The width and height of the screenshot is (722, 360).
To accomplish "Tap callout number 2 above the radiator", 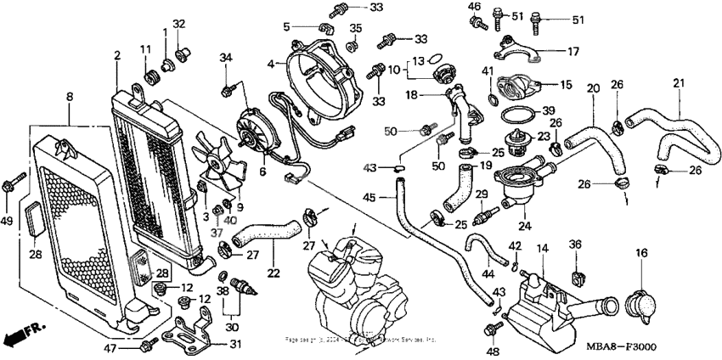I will point(116,56).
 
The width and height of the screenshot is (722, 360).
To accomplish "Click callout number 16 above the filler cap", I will point(640,253).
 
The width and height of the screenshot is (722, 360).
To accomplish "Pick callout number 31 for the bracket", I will point(235,344).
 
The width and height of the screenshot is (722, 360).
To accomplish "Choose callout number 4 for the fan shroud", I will point(270,64).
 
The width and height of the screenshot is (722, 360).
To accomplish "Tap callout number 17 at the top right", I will point(573,51).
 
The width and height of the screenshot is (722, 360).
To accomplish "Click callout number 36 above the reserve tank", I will point(574,245).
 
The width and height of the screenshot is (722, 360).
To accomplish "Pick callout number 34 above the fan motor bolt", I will point(225,57).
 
